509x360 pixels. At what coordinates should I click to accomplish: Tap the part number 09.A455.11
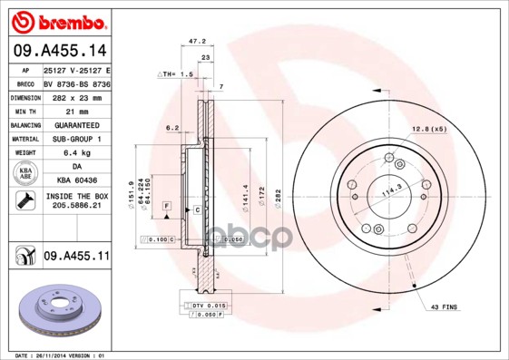click(75, 258)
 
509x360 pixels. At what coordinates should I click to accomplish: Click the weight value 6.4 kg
click(76, 152)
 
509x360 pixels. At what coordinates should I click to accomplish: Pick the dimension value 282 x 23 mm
click(76, 96)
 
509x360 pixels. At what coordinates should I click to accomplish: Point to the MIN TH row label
click(23, 110)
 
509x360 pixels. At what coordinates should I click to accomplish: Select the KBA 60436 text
click(76, 180)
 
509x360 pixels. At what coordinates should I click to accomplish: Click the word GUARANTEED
click(76, 124)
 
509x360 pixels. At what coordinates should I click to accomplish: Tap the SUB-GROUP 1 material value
click(76, 139)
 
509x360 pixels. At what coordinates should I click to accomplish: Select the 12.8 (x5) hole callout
click(429, 130)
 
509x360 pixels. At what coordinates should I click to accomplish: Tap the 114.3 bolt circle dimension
click(391, 192)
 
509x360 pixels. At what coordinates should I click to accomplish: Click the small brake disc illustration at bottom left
click(56, 308)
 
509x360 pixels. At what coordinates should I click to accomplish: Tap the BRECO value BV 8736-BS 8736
click(76, 83)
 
